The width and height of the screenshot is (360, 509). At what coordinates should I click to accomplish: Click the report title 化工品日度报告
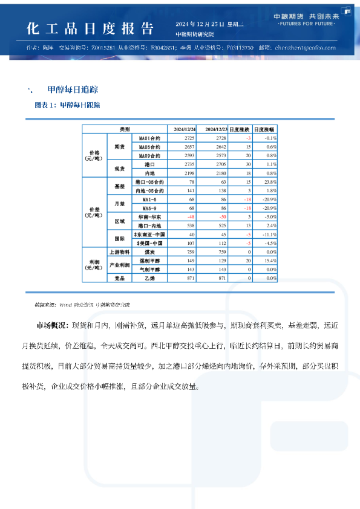[90, 28]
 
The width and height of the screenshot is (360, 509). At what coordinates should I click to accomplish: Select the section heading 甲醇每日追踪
[73, 89]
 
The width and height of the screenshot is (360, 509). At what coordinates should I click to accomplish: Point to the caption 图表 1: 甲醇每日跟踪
[68, 105]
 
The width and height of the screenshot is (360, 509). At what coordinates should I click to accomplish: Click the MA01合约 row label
[149, 138]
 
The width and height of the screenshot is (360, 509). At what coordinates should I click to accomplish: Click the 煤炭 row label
[149, 251]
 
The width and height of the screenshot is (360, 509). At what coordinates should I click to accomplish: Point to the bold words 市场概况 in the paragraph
[52, 326]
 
